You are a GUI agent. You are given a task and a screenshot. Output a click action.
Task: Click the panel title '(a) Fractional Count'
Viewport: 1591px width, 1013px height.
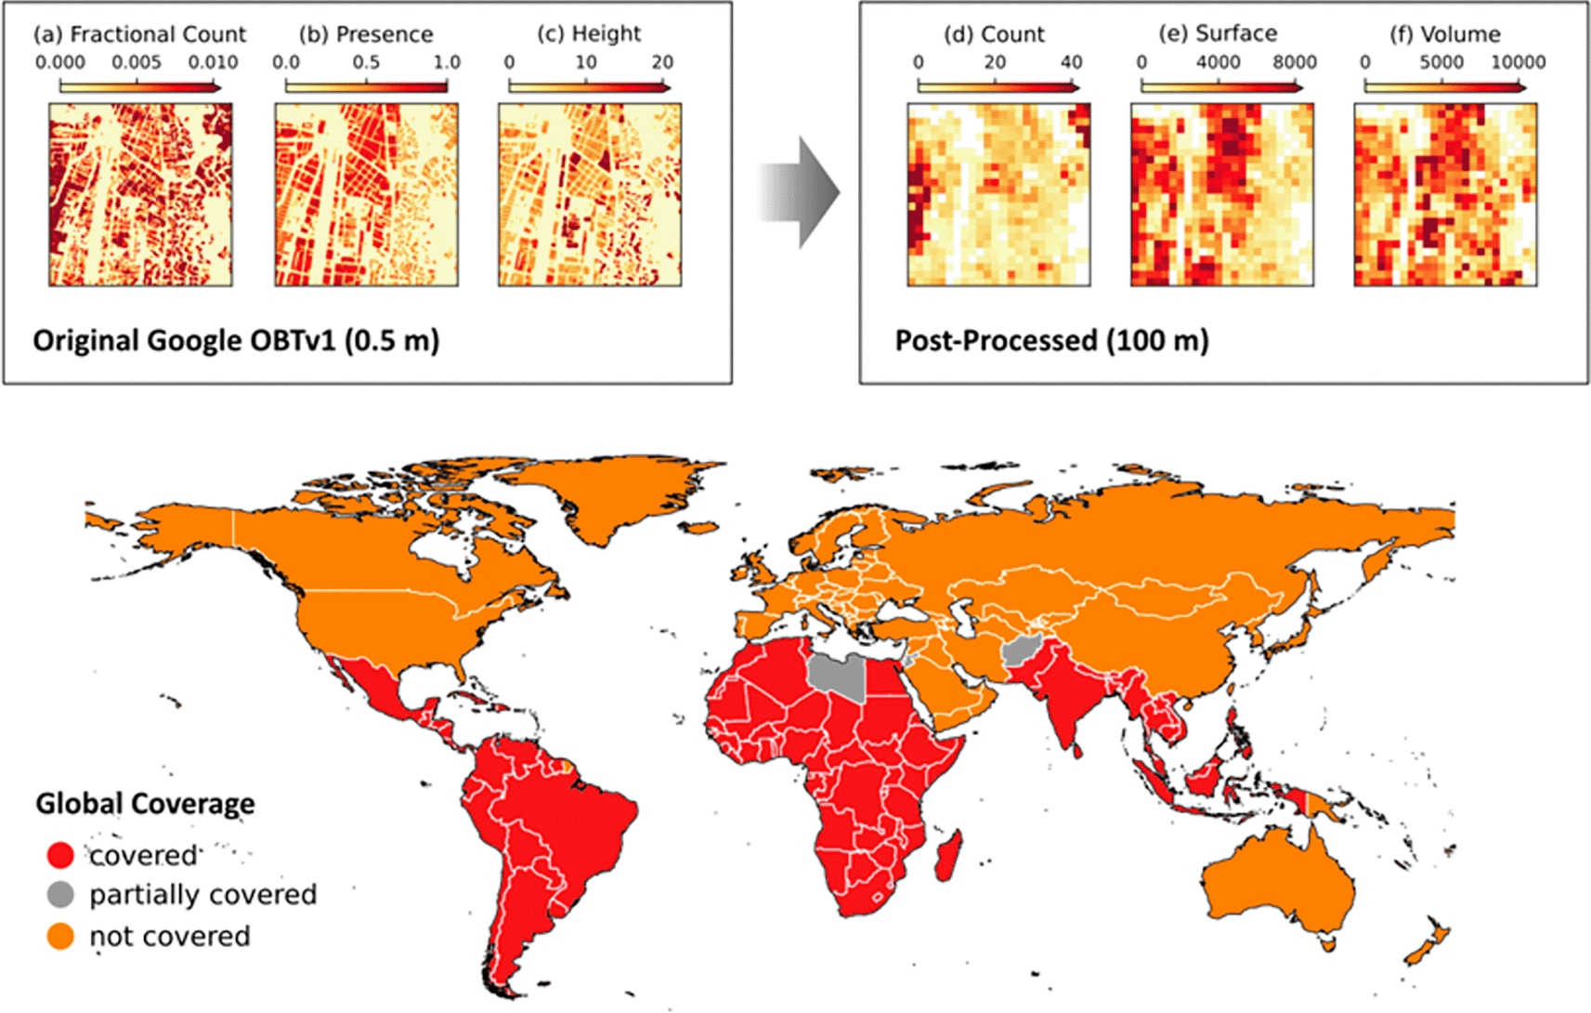coord(139,34)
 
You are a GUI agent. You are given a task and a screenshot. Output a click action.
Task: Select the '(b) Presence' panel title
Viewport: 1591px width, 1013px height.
coord(366,34)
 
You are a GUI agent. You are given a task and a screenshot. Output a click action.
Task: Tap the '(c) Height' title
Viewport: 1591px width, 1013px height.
coord(589,34)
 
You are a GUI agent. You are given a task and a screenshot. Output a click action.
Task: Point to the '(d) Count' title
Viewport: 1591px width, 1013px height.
coord(994,34)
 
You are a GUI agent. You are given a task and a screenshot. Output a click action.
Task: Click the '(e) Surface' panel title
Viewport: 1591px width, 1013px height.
coord(1218,33)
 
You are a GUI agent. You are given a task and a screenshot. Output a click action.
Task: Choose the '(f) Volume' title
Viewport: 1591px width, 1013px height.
coord(1444,34)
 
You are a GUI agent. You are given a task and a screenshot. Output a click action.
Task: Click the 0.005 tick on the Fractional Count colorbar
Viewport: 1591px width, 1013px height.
coord(137,62)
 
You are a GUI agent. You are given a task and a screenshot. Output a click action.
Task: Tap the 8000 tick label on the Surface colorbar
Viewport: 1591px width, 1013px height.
coord(1294,62)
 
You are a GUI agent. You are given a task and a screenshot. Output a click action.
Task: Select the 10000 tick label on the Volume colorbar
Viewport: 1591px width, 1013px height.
coord(1518,62)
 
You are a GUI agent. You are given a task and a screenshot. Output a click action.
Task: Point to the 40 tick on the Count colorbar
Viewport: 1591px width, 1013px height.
coord(1071,62)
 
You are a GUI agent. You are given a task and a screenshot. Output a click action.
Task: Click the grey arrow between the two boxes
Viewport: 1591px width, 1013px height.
coord(799,192)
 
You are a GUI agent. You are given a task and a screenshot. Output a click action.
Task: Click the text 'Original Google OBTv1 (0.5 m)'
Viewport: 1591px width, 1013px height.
coord(236,340)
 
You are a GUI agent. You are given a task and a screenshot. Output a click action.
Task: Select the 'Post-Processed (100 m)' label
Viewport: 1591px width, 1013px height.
coord(1051,340)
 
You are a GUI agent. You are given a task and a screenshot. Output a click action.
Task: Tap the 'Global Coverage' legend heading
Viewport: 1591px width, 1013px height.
coord(145,803)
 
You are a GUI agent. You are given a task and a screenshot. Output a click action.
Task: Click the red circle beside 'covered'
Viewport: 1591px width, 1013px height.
coord(60,854)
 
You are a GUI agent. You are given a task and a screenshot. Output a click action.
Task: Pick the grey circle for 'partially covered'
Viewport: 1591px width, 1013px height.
coord(60,894)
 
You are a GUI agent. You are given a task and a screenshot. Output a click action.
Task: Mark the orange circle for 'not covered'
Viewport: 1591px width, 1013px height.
coord(60,936)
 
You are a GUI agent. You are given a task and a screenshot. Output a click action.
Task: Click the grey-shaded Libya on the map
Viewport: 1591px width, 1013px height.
coord(838,676)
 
